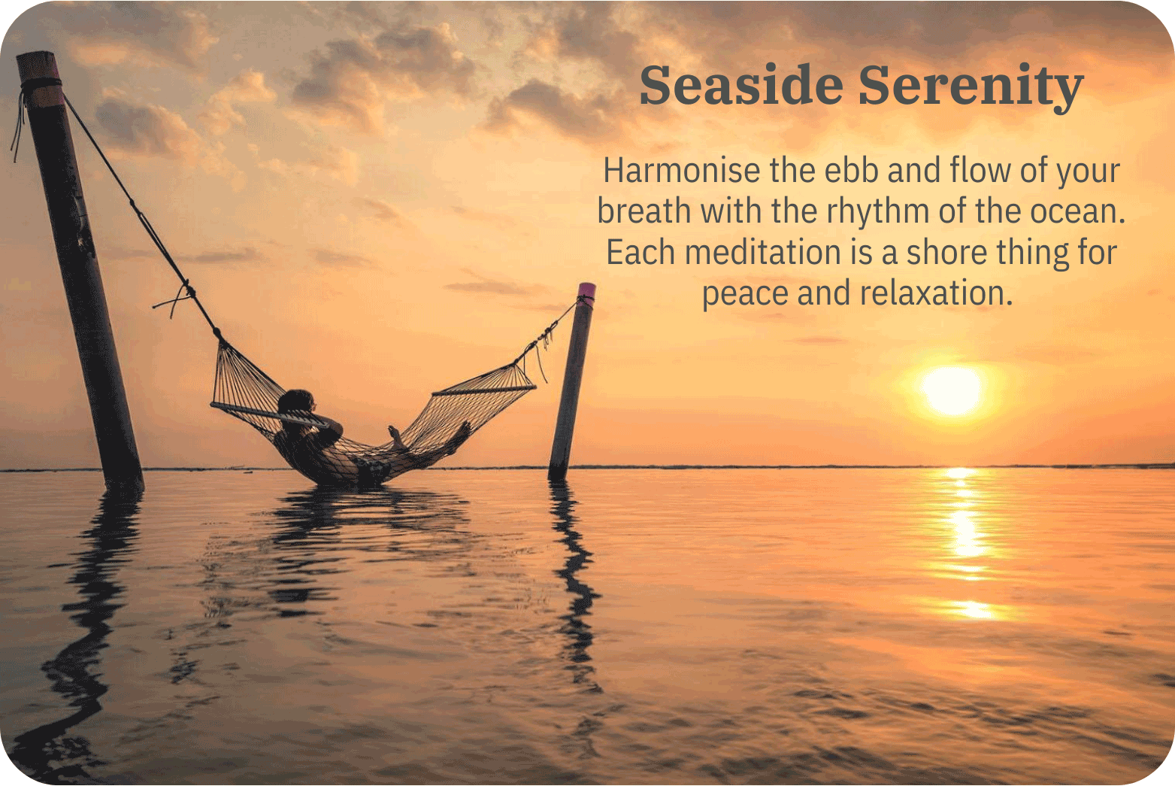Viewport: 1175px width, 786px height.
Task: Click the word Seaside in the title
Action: point(740,86)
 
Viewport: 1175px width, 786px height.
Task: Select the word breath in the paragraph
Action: point(644,211)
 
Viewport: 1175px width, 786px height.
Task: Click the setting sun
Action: point(952,390)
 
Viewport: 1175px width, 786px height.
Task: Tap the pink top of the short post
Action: point(587,290)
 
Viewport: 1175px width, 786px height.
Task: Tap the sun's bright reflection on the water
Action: point(965,527)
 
